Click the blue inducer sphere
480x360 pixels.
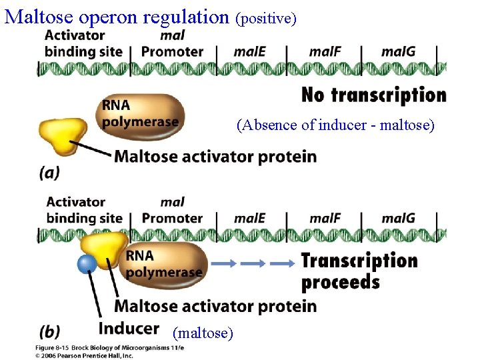point(87,264)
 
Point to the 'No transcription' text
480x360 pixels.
point(373,95)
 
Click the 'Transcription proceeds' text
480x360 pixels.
point(359,271)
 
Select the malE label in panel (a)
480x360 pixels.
point(249,51)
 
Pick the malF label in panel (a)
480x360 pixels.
point(325,51)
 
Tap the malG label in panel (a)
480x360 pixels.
point(398,51)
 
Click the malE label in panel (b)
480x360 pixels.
point(249,218)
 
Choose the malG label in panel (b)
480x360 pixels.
point(398,218)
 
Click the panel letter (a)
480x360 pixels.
point(49,172)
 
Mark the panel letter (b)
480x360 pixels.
point(50,331)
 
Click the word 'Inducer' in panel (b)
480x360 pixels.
point(129,328)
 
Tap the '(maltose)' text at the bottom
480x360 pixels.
point(203,331)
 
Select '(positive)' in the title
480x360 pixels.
point(266,19)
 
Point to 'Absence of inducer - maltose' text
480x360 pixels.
point(335,125)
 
